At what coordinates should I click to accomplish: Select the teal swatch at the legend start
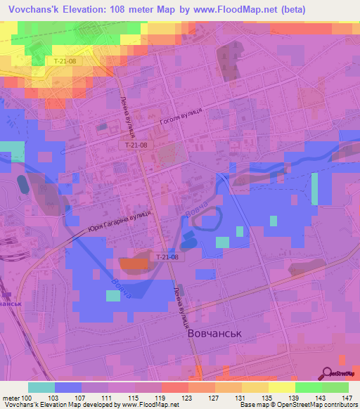[41, 387]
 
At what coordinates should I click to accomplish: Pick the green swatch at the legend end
[335, 387]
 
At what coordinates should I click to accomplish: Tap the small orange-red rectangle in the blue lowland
[133, 264]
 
